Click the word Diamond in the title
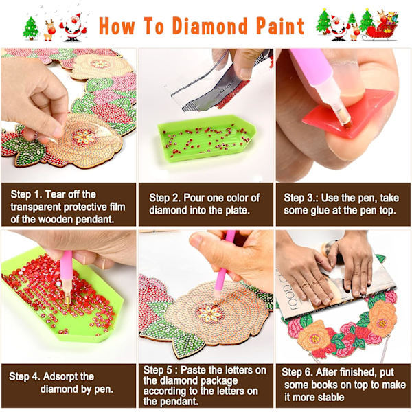coord(209,25)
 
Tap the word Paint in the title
coord(280,25)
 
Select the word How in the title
coord(117,25)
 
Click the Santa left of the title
coord(73,27)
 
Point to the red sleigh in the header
coord(382,30)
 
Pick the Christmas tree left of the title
coord(31,28)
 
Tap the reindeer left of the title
coord(49,30)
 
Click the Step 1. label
coord(26,195)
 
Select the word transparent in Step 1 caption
coord(34,207)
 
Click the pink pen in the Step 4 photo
coord(66,279)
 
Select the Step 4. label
coord(25,376)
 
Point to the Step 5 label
coord(158,370)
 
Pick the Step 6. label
coord(297,372)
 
